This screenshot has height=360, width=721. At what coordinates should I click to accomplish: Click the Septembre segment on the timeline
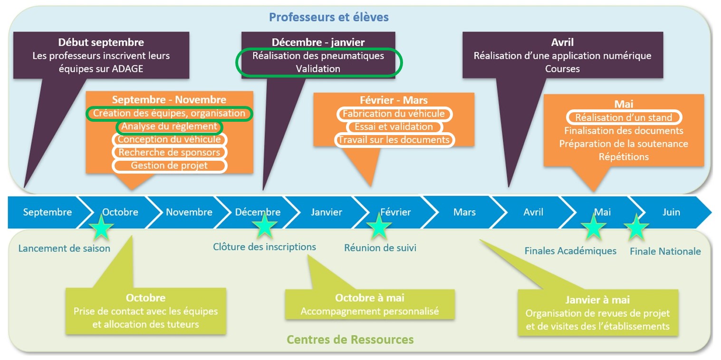pyautogui.click(x=48, y=212)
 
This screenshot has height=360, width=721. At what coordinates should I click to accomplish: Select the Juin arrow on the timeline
pyautogui.click(x=671, y=212)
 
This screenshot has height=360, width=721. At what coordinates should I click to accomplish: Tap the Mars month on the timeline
pyautogui.click(x=464, y=212)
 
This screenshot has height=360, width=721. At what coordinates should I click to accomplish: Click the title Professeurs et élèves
pyautogui.click(x=328, y=18)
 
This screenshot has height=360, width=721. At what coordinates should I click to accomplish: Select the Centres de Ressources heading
pyautogui.click(x=350, y=340)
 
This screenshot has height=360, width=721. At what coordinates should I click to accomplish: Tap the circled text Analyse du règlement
pyautogui.click(x=169, y=127)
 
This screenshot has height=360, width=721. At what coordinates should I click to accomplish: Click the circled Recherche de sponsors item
pyautogui.click(x=169, y=152)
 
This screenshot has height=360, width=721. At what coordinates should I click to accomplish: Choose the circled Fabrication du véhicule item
pyautogui.click(x=394, y=114)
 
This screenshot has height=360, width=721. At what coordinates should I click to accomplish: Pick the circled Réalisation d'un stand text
pyautogui.click(x=624, y=117)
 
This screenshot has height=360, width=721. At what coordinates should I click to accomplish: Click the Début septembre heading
pyautogui.click(x=101, y=43)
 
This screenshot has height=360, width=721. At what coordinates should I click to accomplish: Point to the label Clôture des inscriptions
pyautogui.click(x=264, y=247)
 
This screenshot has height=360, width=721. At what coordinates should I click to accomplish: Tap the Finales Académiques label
pyautogui.click(x=570, y=251)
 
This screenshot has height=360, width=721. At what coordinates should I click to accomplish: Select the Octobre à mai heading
pyautogui.click(x=370, y=298)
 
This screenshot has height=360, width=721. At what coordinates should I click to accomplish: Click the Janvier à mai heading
pyautogui.click(x=597, y=300)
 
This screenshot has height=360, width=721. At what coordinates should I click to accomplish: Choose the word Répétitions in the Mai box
pyautogui.click(x=624, y=156)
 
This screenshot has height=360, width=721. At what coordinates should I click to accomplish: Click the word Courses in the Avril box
pyautogui.click(x=562, y=68)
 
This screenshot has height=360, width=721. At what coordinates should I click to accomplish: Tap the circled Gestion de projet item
pyautogui.click(x=169, y=165)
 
